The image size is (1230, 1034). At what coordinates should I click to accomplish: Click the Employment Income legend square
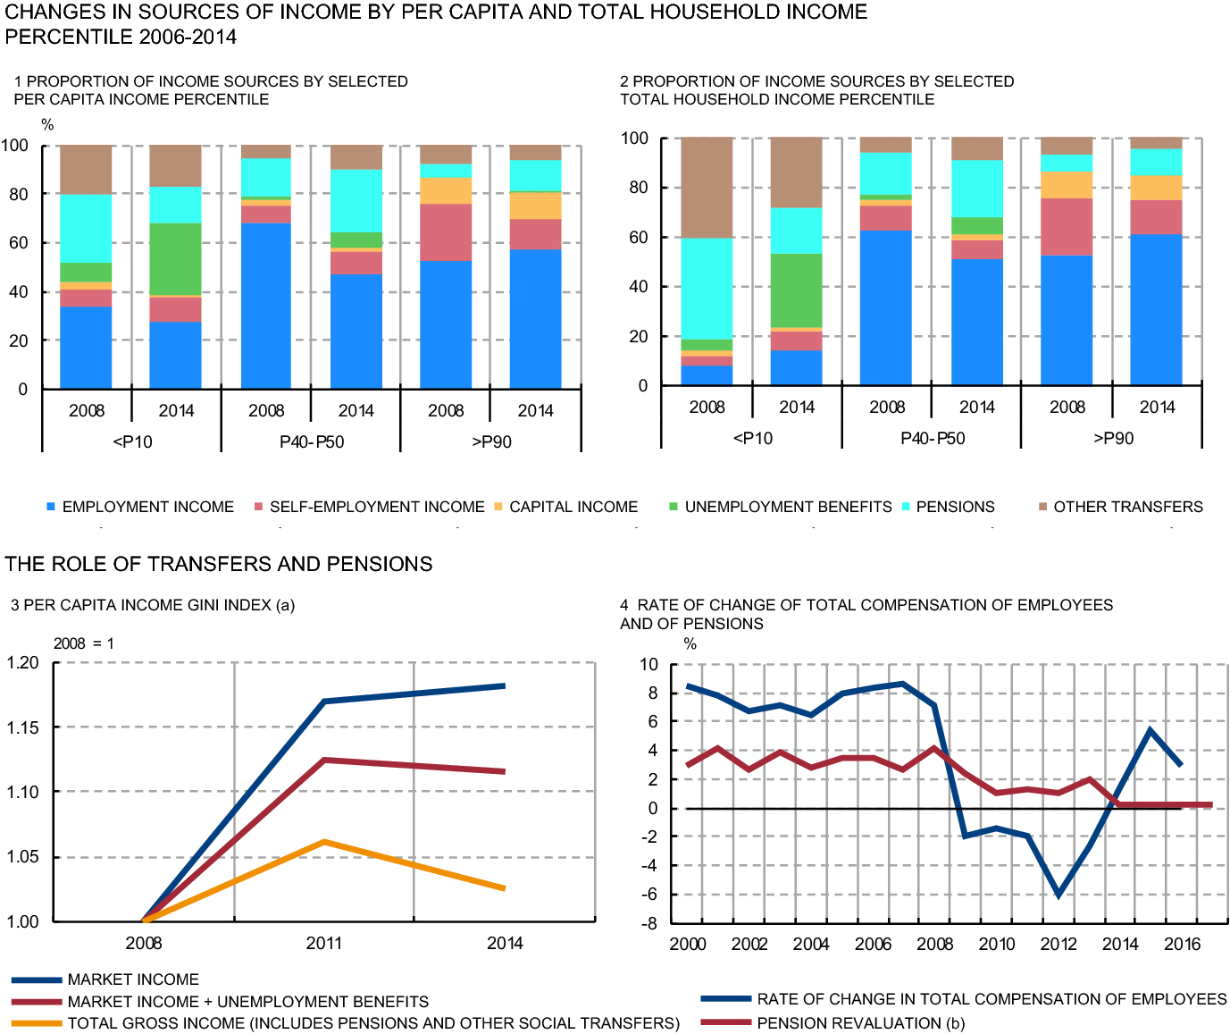(51, 507)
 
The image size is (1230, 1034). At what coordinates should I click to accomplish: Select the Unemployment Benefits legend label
(788, 507)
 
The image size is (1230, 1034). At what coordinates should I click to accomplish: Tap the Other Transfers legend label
(1127, 507)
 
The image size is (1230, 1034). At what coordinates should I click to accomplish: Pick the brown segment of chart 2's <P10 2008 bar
(707, 188)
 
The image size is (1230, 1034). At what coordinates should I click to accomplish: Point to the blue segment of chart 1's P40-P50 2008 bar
(266, 305)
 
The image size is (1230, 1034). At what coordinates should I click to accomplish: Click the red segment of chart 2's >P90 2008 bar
(1067, 227)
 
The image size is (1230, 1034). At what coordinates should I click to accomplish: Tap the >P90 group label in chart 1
(491, 442)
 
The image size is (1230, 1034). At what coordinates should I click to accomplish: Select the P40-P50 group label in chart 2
(933, 439)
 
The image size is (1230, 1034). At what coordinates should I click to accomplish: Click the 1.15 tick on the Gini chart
(23, 727)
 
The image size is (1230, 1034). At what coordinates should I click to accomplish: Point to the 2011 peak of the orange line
(324, 842)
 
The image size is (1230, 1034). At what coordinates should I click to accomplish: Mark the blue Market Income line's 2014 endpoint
(505, 686)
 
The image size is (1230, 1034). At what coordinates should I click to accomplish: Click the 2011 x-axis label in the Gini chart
(324, 943)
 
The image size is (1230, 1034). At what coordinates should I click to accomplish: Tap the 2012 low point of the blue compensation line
(1058, 895)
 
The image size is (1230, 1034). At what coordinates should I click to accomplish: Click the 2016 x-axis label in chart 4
(1182, 945)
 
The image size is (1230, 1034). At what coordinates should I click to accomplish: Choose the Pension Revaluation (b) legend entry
(860, 1023)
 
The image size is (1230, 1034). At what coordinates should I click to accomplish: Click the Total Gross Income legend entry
(373, 1023)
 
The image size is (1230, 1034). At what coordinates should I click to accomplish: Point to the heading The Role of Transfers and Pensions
(219, 564)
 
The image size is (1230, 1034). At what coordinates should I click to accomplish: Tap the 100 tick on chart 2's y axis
(634, 138)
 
